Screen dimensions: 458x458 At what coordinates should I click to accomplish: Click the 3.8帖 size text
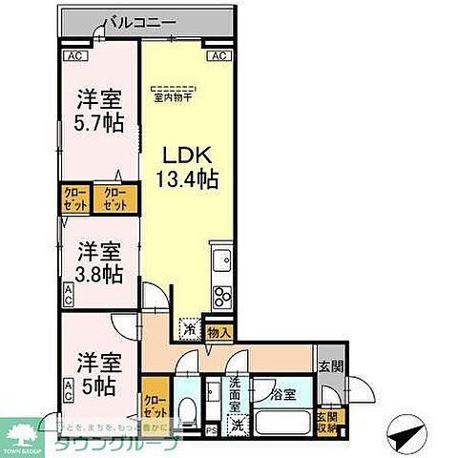pyautogui.click(x=99, y=274)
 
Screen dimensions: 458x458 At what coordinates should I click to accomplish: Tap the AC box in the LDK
pyautogui.click(x=218, y=55)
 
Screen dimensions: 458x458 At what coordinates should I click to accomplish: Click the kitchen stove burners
pyautogui.click(x=222, y=293)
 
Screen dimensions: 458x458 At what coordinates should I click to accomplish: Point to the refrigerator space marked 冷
pyautogui.click(x=189, y=327)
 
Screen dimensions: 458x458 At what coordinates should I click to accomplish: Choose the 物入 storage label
pyautogui.click(x=217, y=333)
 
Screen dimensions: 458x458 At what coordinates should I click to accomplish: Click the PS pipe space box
pyautogui.click(x=211, y=428)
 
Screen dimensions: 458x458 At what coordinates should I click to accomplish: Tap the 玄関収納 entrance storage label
pyautogui.click(x=327, y=422)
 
